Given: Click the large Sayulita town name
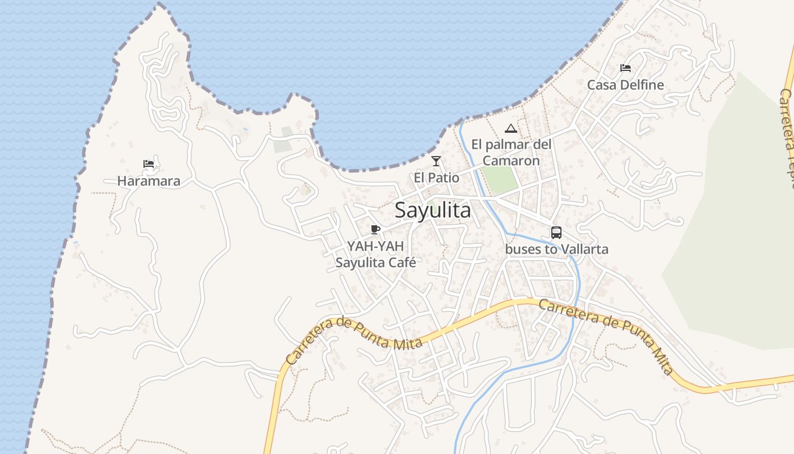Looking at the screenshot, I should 433,211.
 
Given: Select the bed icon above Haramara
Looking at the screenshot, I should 149,164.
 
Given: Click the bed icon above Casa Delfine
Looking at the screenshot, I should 626,68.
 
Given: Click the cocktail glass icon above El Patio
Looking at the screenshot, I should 436,161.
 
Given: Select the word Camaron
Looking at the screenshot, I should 511,161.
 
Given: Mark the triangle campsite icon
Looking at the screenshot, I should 511,128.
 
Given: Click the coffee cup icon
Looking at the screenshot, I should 375,229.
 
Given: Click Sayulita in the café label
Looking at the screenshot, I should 360,262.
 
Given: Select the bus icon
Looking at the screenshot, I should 556,232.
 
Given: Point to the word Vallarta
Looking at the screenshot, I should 584,249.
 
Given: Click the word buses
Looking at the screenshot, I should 522,249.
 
